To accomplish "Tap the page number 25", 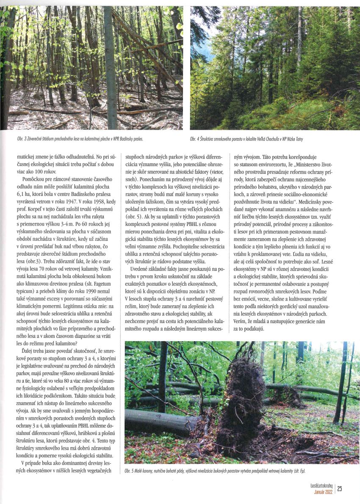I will pos(340,489).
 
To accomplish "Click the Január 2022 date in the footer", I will pos(322,492).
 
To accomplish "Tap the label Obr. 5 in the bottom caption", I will pos(130,471).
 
